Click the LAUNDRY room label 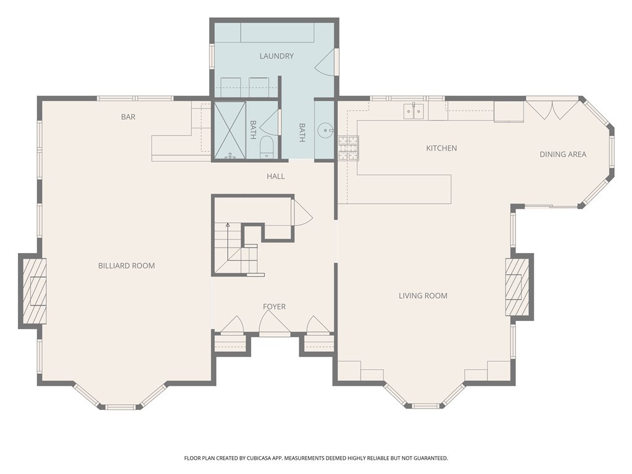point(276,56)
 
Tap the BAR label point(128,117)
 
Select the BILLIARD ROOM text point(127,265)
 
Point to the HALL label point(276,176)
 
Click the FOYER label point(274,307)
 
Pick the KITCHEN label point(441,148)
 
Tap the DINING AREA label point(563,154)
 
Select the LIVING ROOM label point(423,296)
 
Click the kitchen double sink point(414,111)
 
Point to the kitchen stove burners point(348,148)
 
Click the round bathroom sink point(325,130)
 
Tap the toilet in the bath point(267,147)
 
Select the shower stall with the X point(230,130)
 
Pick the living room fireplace point(517,287)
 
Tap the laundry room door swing point(324,62)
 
